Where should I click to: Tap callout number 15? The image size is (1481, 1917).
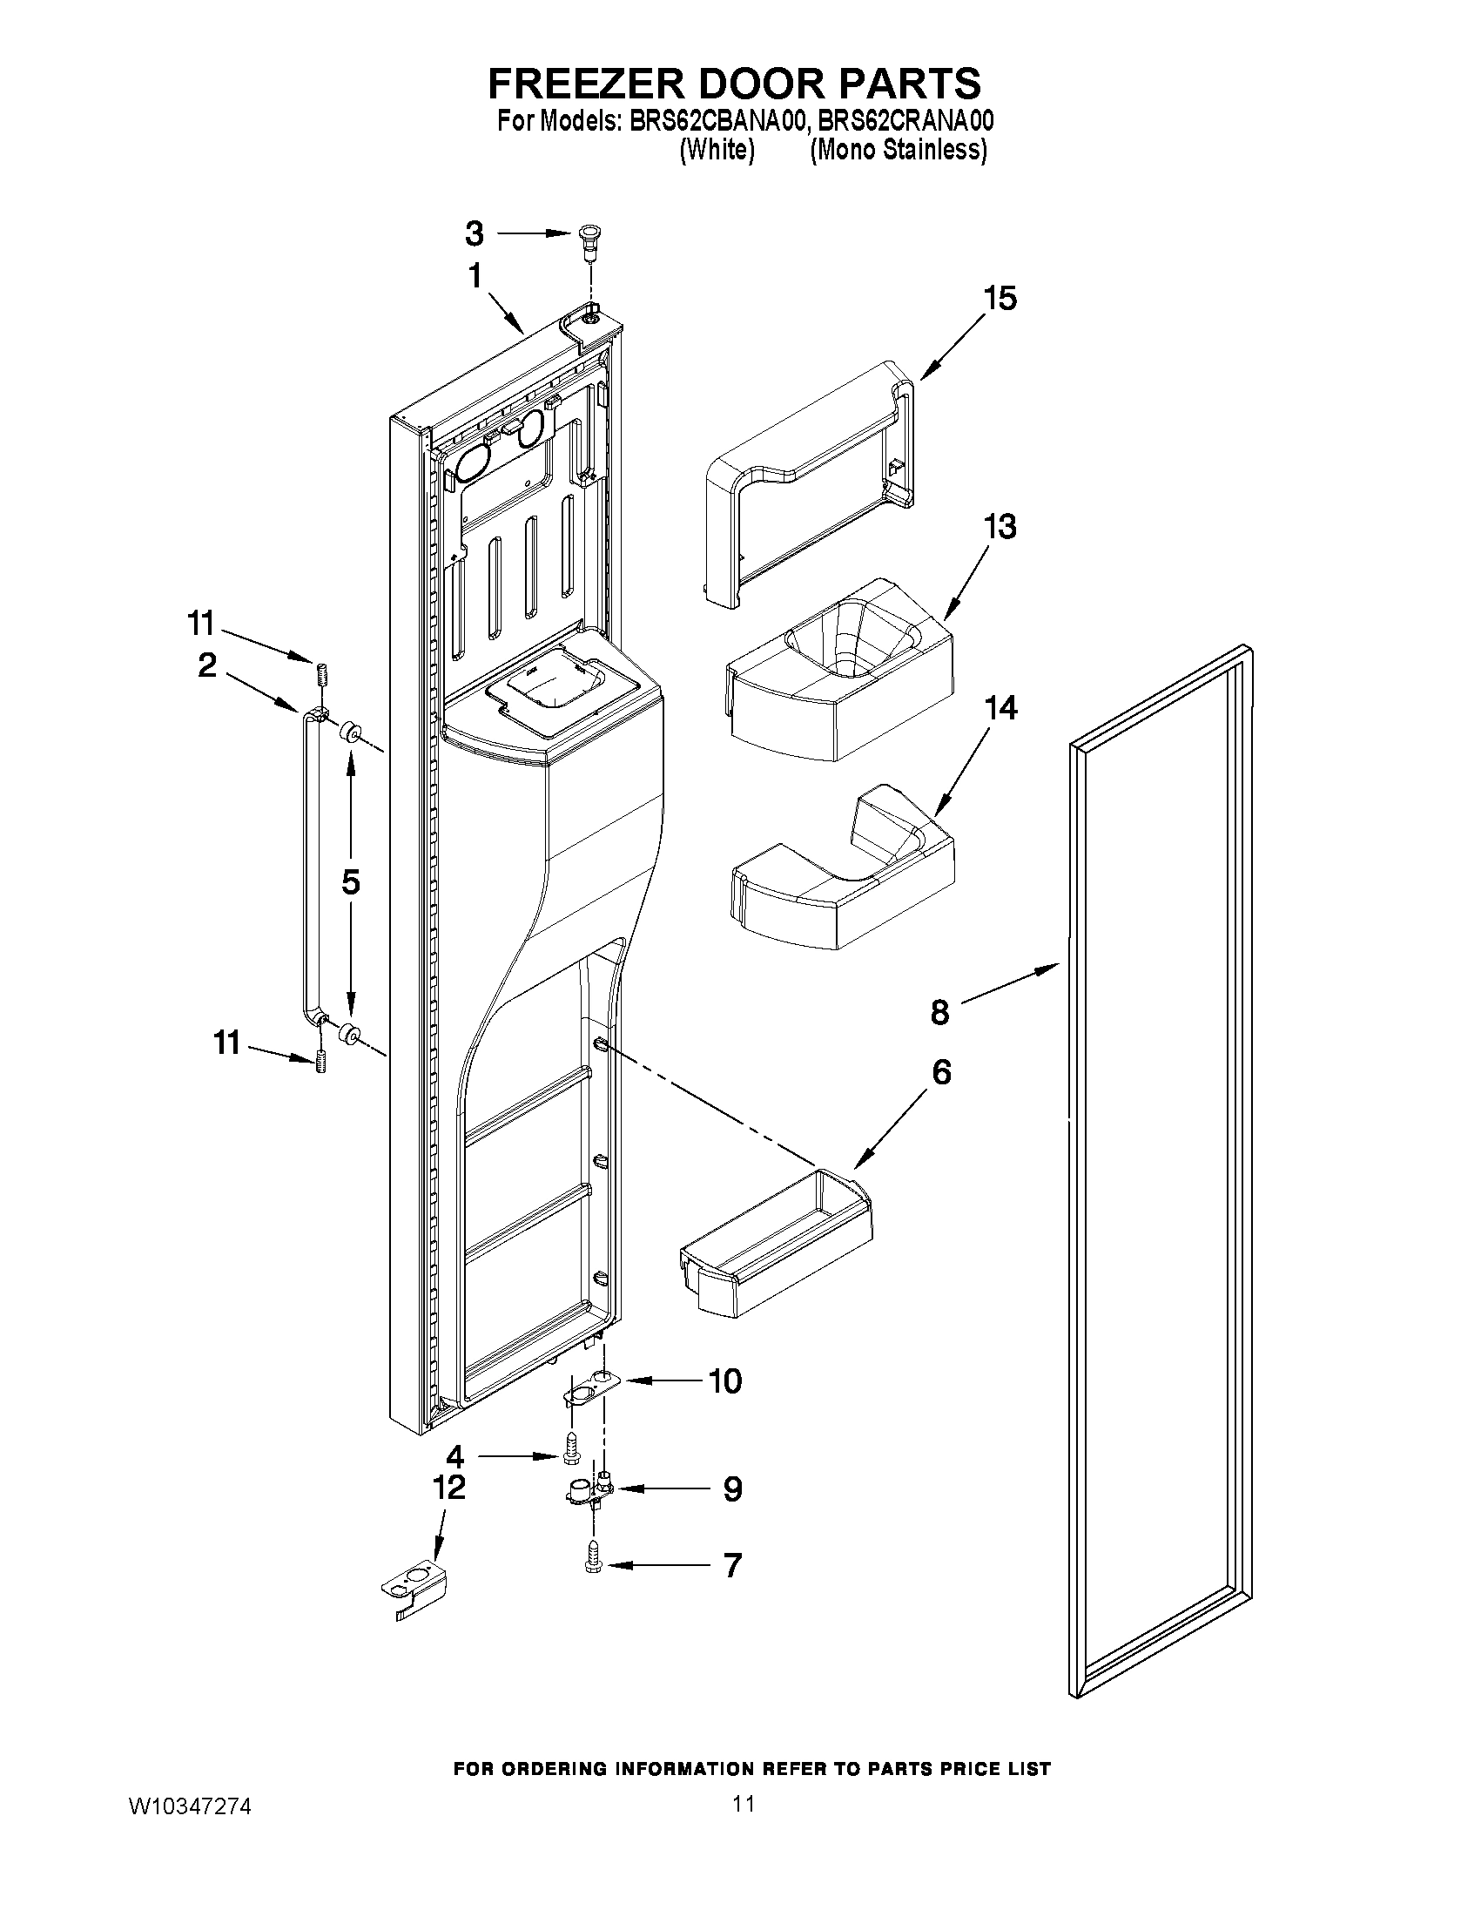(1000, 299)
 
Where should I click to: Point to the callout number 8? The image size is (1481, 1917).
(939, 1012)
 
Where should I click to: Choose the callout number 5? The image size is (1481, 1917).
(350, 882)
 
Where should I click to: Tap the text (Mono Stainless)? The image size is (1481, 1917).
(898, 150)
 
